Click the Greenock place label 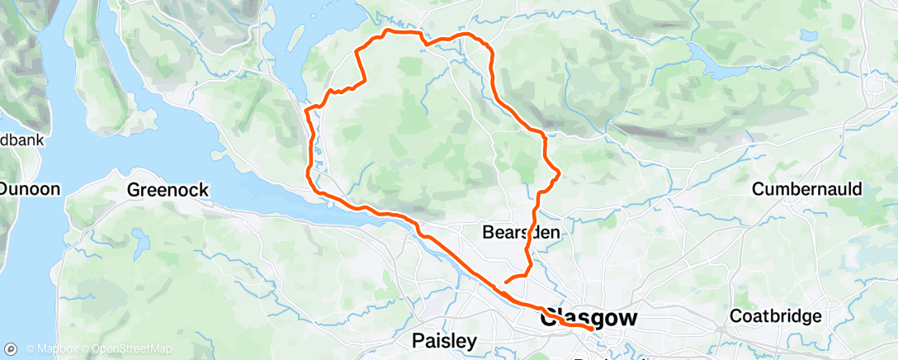(x=168, y=190)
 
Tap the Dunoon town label (x=30, y=189)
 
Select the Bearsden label (x=521, y=234)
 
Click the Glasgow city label (x=588, y=317)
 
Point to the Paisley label (x=445, y=340)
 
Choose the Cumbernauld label (x=807, y=189)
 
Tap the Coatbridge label (x=776, y=316)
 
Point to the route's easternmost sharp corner (x=560, y=173)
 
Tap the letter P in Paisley (x=418, y=340)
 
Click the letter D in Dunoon (x=5, y=189)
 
